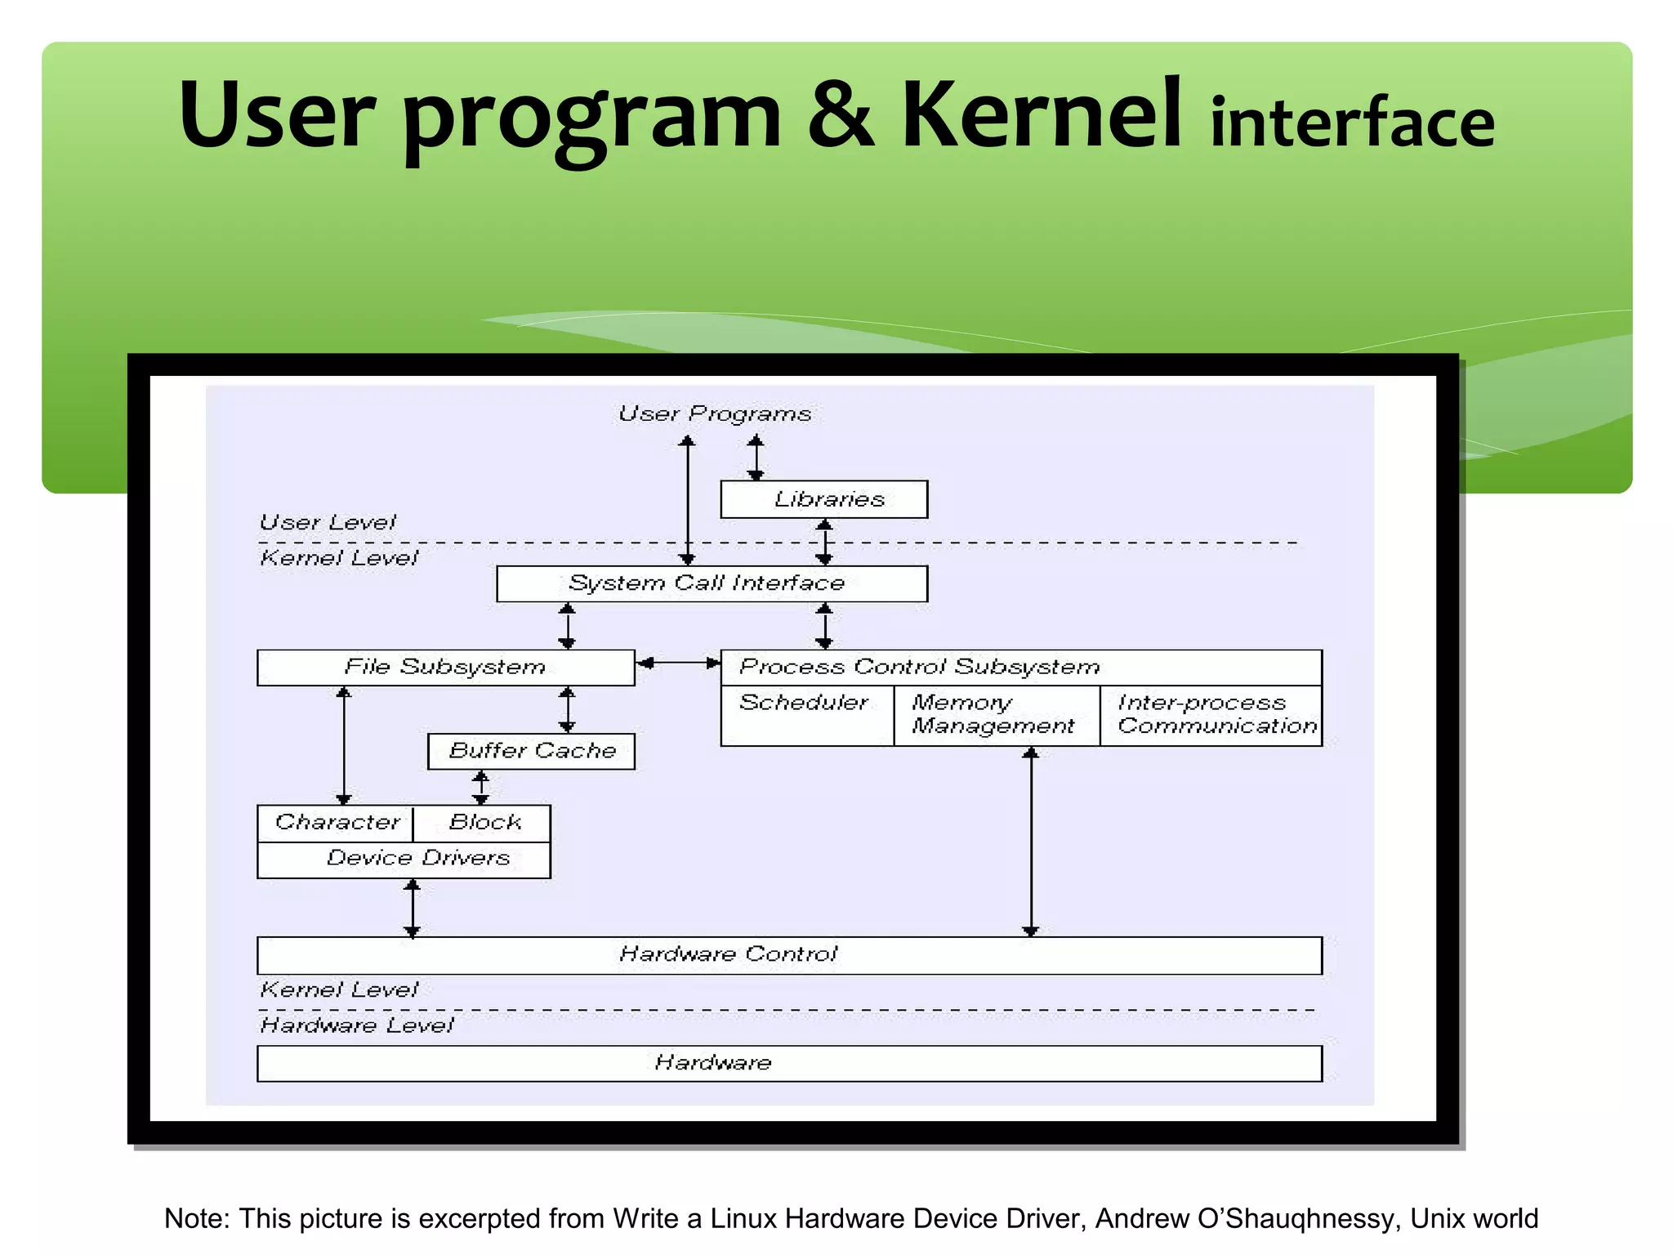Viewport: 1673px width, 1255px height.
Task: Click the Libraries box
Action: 823,499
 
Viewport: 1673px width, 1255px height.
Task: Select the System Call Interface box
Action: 712,583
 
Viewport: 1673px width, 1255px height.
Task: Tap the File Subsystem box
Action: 445,668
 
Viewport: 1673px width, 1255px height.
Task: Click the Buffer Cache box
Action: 531,751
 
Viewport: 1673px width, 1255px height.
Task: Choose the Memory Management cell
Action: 996,715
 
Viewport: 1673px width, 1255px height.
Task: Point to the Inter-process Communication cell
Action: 1211,715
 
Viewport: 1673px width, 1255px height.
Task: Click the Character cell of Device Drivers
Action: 336,823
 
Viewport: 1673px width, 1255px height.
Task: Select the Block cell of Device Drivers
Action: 483,823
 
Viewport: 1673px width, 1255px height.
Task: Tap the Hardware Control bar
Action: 788,955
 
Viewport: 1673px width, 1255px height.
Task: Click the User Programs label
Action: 715,414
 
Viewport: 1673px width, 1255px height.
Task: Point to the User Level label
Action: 328,523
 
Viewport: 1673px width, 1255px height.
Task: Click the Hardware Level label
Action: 356,1025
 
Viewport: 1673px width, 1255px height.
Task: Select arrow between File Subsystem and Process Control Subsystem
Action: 678,663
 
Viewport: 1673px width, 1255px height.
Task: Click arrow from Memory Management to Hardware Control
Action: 1031,842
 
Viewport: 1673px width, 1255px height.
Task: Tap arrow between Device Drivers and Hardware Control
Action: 413,908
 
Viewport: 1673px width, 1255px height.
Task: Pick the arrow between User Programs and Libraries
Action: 756,458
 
